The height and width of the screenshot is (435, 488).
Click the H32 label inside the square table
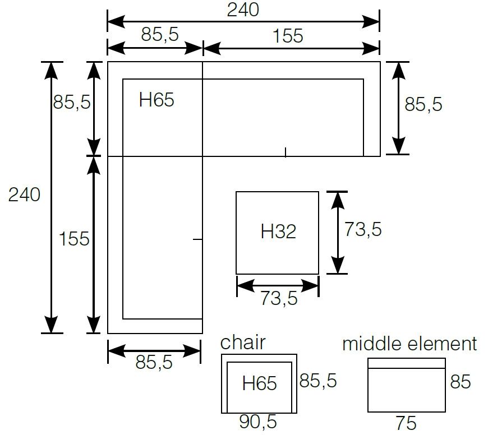tap(278, 232)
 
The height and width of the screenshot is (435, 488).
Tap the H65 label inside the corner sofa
tap(156, 100)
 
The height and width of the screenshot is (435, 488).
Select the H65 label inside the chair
tap(260, 383)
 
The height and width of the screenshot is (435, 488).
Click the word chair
tap(243, 343)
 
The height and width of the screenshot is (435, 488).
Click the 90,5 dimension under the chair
tap(259, 422)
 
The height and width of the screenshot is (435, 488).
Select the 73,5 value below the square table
tap(278, 299)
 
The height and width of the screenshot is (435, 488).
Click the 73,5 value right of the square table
tap(363, 229)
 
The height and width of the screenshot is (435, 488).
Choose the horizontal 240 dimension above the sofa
tap(243, 10)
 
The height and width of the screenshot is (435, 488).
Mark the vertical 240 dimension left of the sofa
tap(24, 195)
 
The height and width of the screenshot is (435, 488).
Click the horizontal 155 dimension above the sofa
tap(288, 36)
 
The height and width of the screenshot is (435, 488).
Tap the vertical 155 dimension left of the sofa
tap(75, 239)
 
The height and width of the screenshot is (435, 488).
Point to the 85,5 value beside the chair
tap(318, 381)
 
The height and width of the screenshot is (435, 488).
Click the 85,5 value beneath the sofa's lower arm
tap(154, 363)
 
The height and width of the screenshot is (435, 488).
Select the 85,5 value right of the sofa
tap(423, 104)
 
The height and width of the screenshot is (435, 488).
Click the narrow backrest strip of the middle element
tap(406, 363)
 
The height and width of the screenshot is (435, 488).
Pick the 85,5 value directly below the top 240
tap(160, 35)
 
